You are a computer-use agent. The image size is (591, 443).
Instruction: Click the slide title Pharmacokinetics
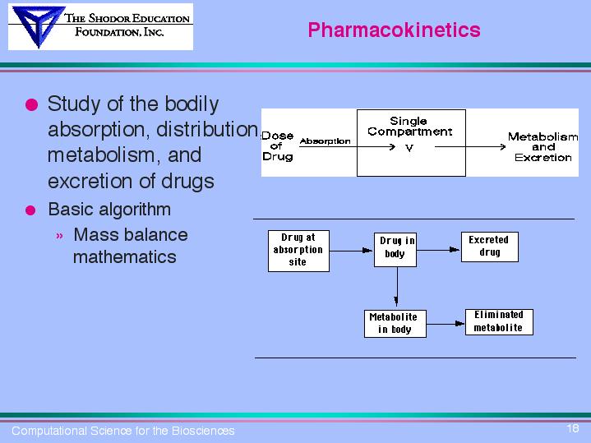coord(394,30)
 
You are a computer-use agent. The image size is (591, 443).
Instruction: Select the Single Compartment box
coord(409,141)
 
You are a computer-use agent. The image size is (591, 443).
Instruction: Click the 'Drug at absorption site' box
coord(298,250)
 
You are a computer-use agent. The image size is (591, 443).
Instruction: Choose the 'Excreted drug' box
coord(489,246)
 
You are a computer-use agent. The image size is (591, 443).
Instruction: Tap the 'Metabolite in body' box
coord(393,323)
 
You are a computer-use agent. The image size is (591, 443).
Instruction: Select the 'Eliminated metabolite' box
coord(498,321)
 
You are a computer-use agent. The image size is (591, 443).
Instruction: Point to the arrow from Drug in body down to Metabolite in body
coord(396,288)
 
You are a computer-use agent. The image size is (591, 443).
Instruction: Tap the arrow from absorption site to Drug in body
coord(352,249)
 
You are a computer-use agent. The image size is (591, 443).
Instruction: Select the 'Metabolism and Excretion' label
coord(543,147)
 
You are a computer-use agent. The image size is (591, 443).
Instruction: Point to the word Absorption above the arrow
coord(325,141)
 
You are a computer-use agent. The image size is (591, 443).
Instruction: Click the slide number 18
coord(573,428)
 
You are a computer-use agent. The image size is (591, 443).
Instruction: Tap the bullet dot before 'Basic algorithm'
coord(30,210)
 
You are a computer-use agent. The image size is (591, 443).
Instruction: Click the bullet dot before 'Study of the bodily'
coord(30,105)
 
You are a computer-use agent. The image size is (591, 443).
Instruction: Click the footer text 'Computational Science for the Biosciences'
coord(123,431)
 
